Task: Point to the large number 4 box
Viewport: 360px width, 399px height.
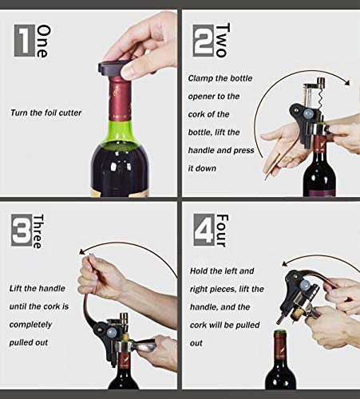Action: point(204,232)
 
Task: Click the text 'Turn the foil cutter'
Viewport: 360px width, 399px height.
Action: point(45,113)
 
